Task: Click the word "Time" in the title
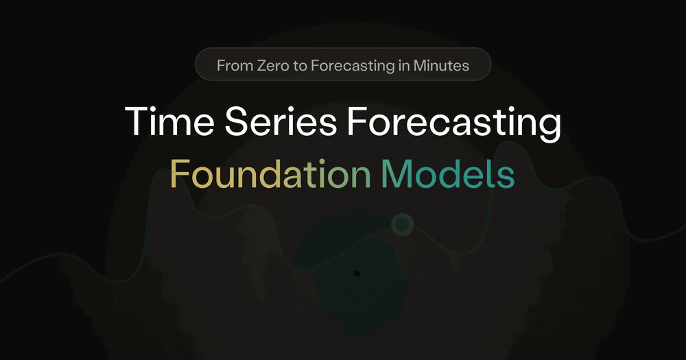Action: (x=169, y=121)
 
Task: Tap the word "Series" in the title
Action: (x=281, y=121)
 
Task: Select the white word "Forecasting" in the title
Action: (x=454, y=124)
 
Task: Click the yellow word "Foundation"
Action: (x=270, y=173)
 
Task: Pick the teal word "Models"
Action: (x=448, y=173)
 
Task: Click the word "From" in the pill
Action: (x=235, y=66)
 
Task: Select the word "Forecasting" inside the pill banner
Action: (x=353, y=67)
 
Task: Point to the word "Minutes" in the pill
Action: (x=441, y=66)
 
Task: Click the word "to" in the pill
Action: (x=300, y=66)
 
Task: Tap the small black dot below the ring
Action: (x=357, y=274)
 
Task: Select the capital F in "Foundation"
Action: (x=180, y=173)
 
